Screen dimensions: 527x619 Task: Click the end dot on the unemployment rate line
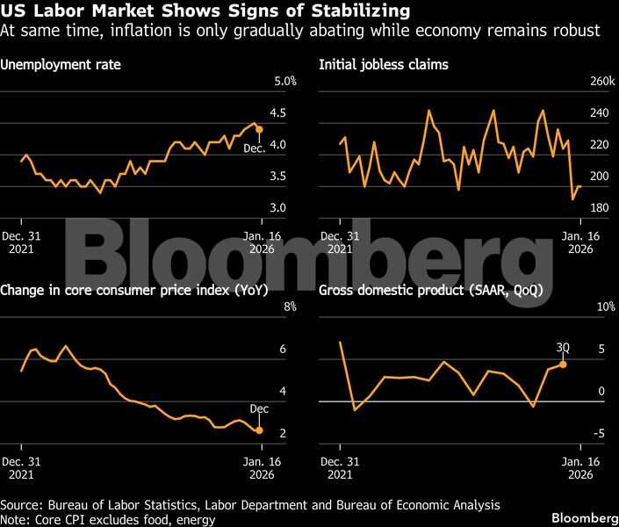coord(259,129)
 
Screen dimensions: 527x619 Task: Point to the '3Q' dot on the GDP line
coord(562,364)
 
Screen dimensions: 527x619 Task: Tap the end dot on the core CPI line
coord(259,430)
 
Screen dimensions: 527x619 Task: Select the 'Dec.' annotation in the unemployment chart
coord(255,148)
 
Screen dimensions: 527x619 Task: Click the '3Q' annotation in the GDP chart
coord(564,348)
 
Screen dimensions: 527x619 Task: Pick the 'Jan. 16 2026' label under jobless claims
coord(579,242)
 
